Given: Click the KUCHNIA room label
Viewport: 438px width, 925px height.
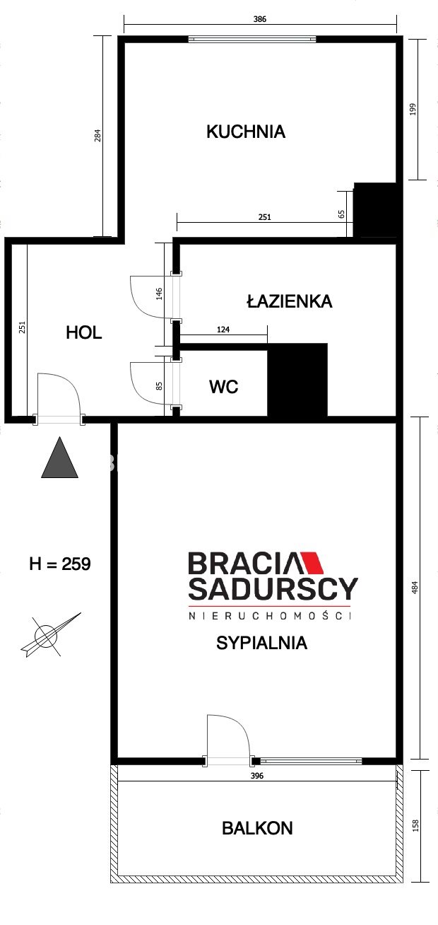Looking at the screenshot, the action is pyautogui.click(x=246, y=132).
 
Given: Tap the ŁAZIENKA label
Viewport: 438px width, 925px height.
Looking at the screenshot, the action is pyautogui.click(x=290, y=301).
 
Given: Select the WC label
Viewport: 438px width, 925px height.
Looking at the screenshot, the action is pyautogui.click(x=223, y=387).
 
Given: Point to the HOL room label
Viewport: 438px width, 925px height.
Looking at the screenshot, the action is pyautogui.click(x=84, y=332).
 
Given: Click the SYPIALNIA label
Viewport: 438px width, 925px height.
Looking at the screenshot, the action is pyautogui.click(x=262, y=643).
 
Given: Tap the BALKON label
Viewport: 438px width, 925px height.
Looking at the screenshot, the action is pyautogui.click(x=257, y=828).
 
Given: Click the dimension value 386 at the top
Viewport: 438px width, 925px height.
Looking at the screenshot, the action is pyautogui.click(x=260, y=19).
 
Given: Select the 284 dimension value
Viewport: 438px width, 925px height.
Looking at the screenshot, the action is pyautogui.click(x=97, y=136).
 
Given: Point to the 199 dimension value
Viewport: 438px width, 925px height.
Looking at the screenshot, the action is pyautogui.click(x=413, y=109).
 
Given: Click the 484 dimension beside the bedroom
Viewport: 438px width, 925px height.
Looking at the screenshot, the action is pyautogui.click(x=415, y=587).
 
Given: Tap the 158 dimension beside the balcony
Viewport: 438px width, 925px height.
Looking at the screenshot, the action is pyautogui.click(x=415, y=825).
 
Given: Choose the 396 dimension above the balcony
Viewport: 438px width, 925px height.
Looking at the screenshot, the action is pyautogui.click(x=257, y=776).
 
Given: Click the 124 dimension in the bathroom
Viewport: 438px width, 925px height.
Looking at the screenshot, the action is pyautogui.click(x=223, y=330).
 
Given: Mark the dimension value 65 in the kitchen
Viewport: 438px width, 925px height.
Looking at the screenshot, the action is pyautogui.click(x=341, y=214).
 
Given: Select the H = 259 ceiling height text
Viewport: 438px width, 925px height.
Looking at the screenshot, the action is pyautogui.click(x=60, y=564).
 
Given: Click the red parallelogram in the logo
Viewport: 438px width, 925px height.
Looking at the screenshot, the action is pyautogui.click(x=313, y=562).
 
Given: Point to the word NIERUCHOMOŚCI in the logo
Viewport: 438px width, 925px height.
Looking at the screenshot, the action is pyautogui.click(x=270, y=616).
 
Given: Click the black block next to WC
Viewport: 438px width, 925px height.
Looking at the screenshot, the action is pyautogui.click(x=297, y=380).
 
